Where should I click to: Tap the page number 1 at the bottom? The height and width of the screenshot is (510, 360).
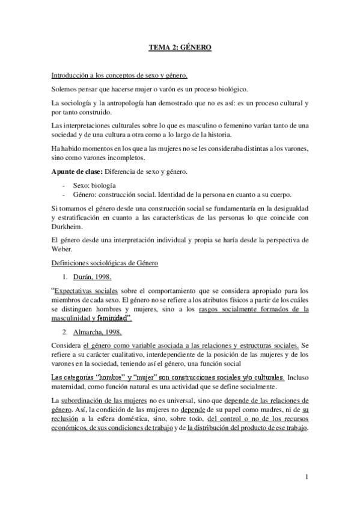(x=307, y=478)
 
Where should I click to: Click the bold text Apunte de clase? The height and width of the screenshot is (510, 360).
(x=75, y=173)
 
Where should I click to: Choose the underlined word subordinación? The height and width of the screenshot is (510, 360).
(x=87, y=400)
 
